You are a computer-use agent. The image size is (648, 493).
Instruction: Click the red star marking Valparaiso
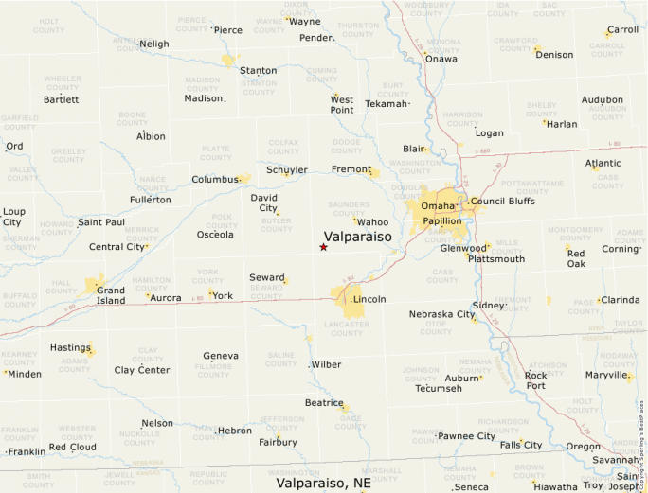[323, 247]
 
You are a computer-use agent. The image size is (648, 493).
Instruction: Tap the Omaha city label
[438, 205]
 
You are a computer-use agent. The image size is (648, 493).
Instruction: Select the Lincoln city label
[369, 299]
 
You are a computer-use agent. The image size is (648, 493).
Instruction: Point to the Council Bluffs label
[502, 202]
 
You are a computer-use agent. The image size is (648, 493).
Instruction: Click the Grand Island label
[110, 295]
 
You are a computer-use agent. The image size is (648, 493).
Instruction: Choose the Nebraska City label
[441, 314]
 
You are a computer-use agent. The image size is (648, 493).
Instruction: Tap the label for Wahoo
[372, 222]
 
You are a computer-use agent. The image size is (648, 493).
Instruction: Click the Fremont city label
[351, 169]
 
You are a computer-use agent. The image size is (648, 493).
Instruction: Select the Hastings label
[69, 347]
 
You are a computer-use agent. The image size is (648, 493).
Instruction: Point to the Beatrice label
[323, 402]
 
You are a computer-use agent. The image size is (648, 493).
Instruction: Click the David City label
[263, 202]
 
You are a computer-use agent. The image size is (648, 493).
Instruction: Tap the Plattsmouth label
[496, 258]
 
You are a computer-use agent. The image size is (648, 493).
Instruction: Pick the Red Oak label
[576, 258]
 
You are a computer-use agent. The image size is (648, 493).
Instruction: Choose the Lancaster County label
[347, 328]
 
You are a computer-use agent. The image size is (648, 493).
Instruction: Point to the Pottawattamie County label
[531, 186]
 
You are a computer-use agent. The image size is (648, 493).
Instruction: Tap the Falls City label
[521, 445]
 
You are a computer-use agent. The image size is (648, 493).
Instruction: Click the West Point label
[342, 105]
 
